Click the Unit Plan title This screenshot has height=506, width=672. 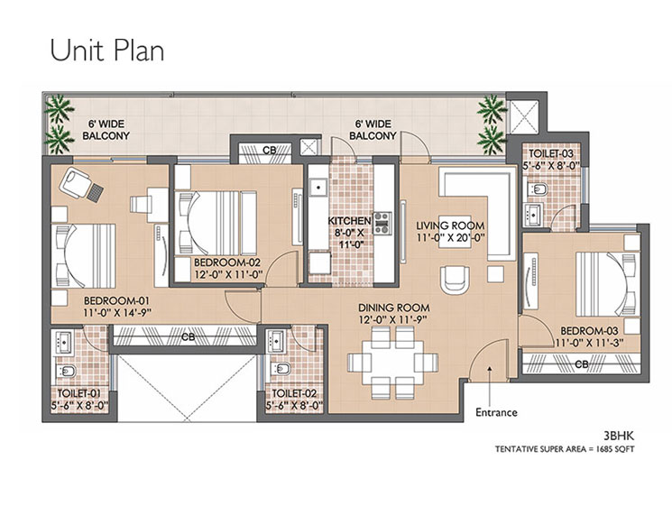pyautogui.click(x=107, y=51)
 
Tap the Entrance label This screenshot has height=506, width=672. pyautogui.click(x=496, y=412)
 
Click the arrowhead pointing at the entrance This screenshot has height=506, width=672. pyautogui.click(x=490, y=368)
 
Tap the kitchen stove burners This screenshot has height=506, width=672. pyautogui.click(x=382, y=223)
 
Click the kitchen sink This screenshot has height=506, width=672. pyautogui.click(x=318, y=188)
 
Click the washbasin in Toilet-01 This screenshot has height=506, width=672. pyautogui.click(x=64, y=342)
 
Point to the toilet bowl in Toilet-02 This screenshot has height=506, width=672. pyautogui.click(x=280, y=369)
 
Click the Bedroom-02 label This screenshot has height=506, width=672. pyautogui.click(x=227, y=262)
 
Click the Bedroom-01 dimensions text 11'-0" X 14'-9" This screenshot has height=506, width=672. pyautogui.click(x=118, y=313)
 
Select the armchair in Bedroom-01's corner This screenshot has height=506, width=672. pyautogui.click(x=76, y=182)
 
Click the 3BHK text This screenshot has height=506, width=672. pyautogui.click(x=619, y=437)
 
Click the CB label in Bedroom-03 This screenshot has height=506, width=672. pyautogui.click(x=582, y=364)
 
